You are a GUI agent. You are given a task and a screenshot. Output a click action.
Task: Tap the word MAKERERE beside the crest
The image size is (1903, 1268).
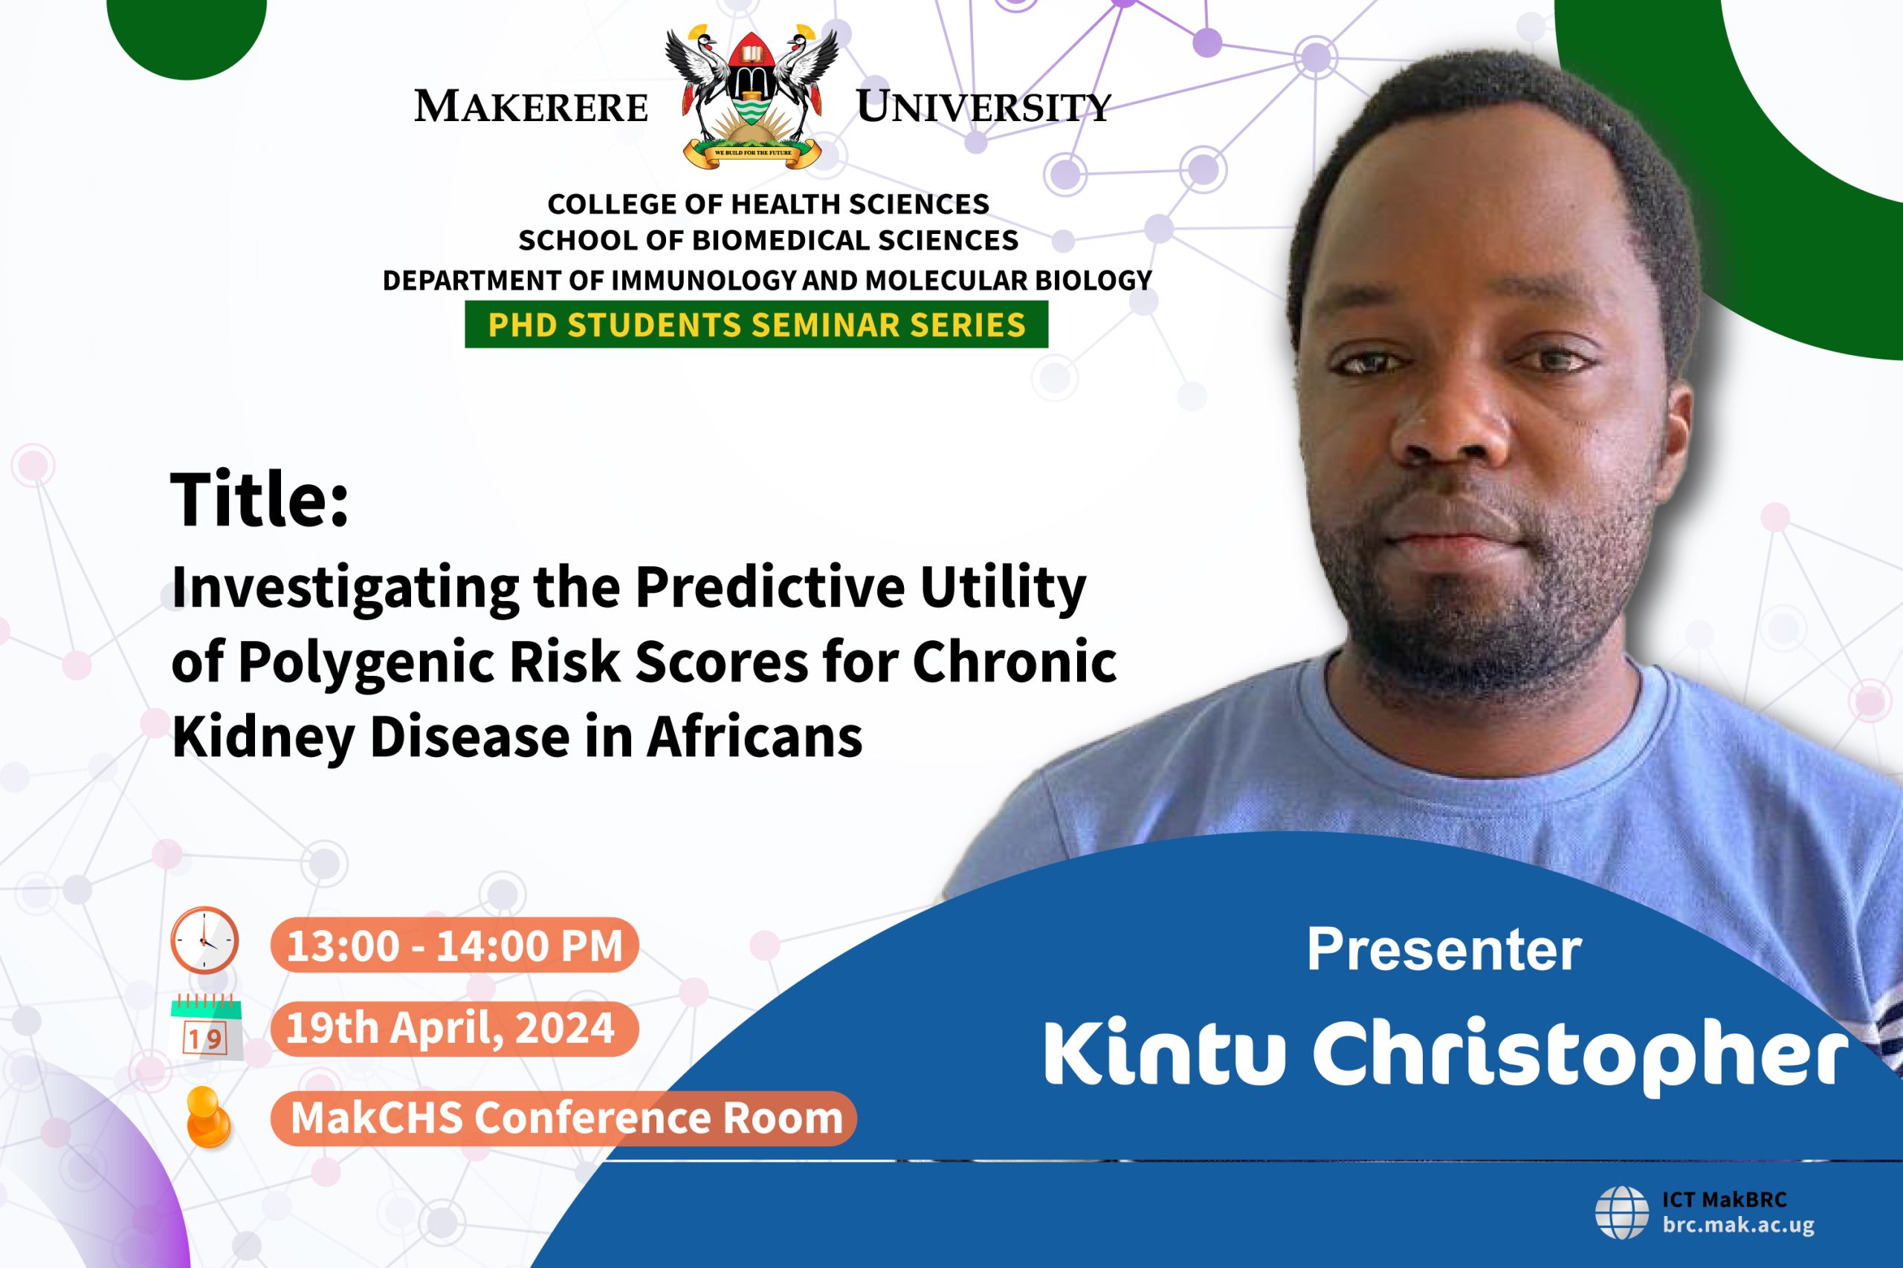[532, 106]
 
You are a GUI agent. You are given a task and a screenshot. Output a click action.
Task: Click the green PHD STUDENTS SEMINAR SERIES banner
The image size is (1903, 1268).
[757, 325]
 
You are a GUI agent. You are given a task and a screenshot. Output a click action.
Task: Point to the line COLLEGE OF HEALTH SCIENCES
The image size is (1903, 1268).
[768, 204]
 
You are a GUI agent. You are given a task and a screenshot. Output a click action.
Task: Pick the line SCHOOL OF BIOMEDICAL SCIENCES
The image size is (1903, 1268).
[768, 240]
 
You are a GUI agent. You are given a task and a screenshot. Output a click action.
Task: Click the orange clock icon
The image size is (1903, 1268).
[204, 940]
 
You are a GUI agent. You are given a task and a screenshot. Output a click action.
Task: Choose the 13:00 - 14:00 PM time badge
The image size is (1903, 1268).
[455, 946]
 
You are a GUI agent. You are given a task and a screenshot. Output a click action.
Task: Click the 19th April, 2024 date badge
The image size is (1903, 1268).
[455, 1029]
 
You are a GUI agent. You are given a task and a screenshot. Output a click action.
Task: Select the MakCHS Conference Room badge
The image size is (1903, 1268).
[564, 1119]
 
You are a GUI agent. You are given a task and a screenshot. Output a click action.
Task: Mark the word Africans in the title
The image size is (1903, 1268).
[754, 738]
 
